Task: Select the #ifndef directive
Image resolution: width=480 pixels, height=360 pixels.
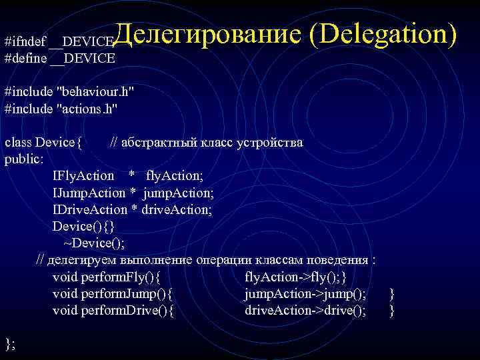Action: click(x=25, y=42)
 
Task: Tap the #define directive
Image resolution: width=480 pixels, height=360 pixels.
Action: click(x=26, y=58)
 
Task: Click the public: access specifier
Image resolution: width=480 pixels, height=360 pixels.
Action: click(x=25, y=159)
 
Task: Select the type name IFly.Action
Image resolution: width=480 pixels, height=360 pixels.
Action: click(x=83, y=176)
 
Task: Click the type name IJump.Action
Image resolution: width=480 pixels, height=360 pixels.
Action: click(x=89, y=193)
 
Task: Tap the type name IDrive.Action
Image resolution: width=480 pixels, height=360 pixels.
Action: click(x=89, y=209)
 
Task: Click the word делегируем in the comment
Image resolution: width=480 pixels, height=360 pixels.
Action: click(x=83, y=259)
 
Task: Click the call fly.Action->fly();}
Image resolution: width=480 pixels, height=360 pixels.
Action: click(x=296, y=276)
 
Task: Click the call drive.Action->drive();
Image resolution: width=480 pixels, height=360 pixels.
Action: click(x=305, y=310)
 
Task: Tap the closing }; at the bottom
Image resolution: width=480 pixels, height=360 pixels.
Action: click(x=10, y=343)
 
